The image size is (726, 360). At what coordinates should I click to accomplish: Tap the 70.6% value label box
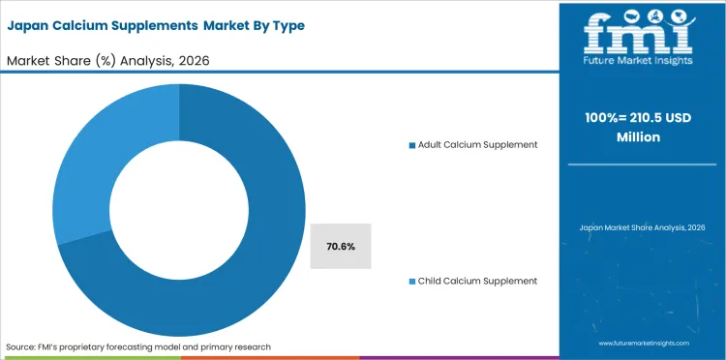click(x=340, y=247)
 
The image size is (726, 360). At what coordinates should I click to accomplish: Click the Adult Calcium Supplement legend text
click(x=477, y=144)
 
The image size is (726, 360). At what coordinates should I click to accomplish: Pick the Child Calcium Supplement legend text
click(x=477, y=281)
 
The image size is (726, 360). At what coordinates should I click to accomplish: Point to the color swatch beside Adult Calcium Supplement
click(x=411, y=144)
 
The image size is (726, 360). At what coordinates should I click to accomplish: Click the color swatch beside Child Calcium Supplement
click(x=411, y=281)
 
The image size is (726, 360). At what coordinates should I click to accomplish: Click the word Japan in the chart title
click(x=30, y=25)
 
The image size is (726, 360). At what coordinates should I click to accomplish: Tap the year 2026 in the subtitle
click(x=193, y=60)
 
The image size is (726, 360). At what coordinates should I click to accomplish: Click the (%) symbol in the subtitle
click(x=105, y=60)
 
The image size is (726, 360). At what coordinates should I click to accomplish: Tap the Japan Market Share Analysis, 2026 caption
click(x=642, y=227)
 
